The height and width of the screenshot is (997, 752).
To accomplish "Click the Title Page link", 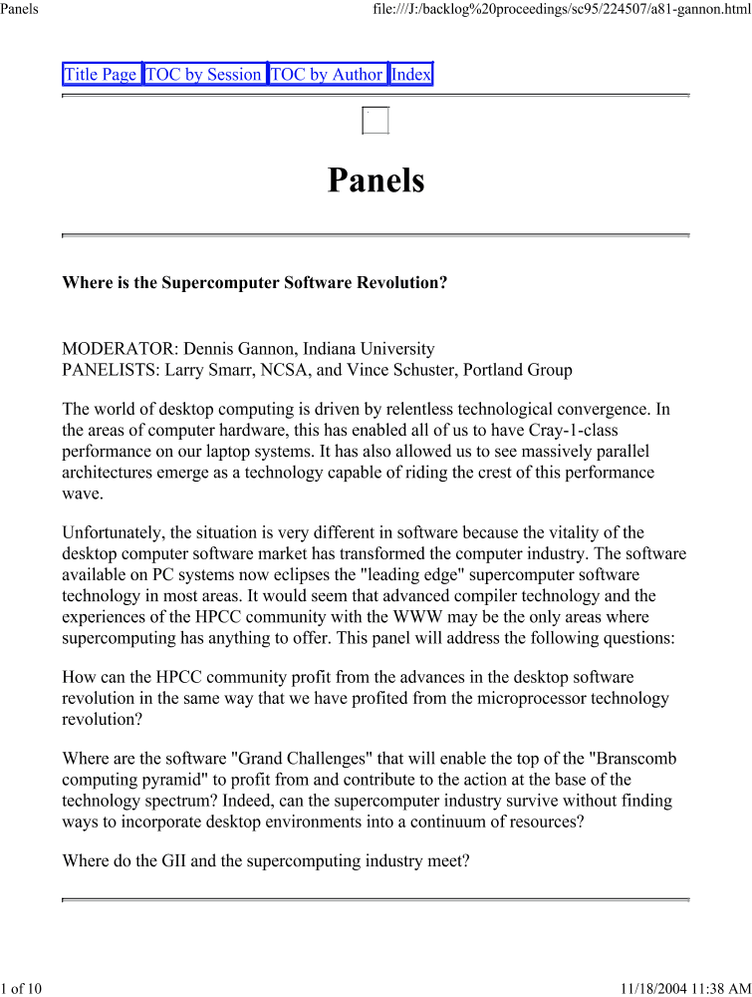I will click(x=101, y=75).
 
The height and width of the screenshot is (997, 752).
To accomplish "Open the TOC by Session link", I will click(x=204, y=75).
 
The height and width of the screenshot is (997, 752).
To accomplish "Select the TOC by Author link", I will click(x=327, y=75).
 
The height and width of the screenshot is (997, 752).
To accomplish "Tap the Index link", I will click(x=411, y=75).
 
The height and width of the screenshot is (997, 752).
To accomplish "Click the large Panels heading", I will click(x=376, y=180).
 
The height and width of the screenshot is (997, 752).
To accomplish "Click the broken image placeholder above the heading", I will click(x=376, y=120).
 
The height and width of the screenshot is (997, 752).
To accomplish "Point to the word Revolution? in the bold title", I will click(x=402, y=283).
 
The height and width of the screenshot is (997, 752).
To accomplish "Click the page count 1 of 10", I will click(x=20, y=988).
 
